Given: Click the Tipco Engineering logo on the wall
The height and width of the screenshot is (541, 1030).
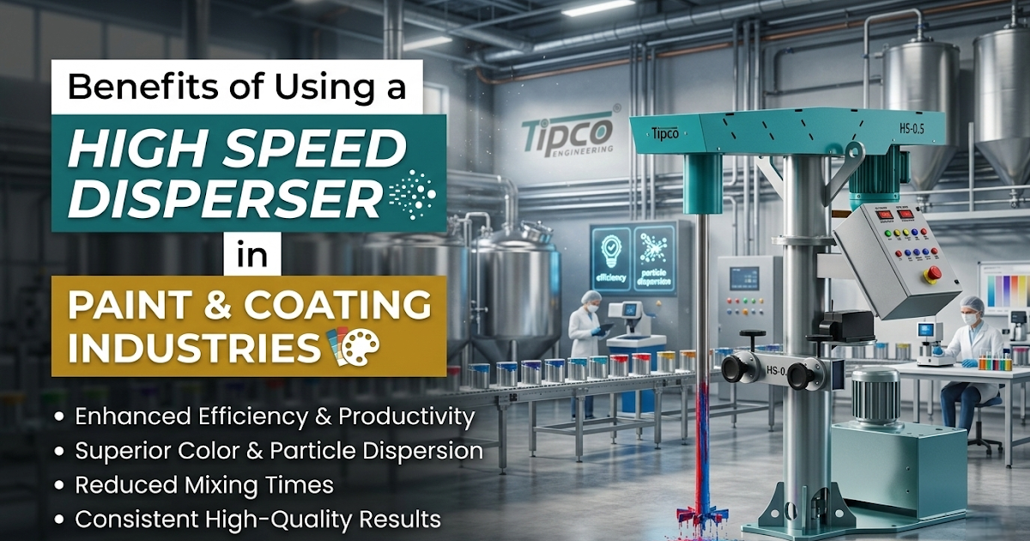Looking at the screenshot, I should coord(568,132).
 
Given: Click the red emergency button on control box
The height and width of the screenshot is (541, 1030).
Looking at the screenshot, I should coord(934,273).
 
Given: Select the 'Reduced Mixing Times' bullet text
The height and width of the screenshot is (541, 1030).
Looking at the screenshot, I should coord(204,485).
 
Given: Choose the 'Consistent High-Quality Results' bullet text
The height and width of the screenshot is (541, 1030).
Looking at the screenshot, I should coord(257,519).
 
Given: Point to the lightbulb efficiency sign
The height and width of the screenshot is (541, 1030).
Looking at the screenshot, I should coord(610,254).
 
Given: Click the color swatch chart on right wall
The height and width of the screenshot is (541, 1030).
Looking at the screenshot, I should coord(1007,289).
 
